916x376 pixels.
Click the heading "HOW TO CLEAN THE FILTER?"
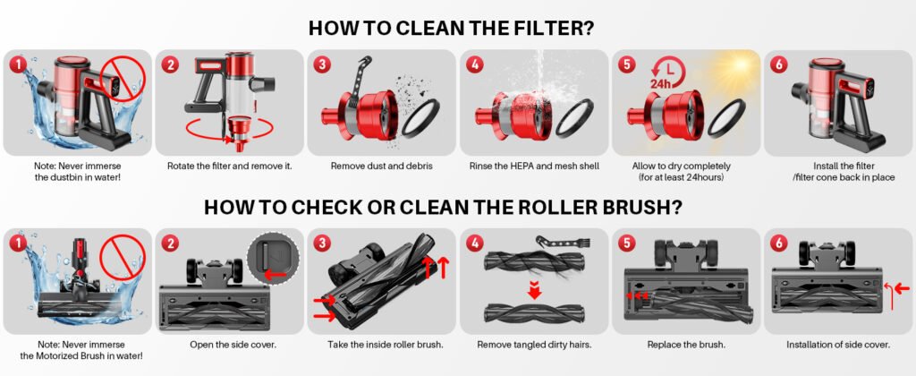[452, 28]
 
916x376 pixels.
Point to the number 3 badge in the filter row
[322, 64]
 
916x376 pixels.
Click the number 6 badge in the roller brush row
[779, 243]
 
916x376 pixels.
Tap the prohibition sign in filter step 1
[123, 81]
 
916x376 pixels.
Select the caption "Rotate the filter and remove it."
[230, 167]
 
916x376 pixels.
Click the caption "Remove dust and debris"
[381, 167]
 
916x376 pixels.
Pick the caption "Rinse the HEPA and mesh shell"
[533, 167]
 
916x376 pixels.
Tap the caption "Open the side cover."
[233, 345]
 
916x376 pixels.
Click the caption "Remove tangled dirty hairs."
[535, 345]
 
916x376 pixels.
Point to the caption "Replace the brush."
[686, 345]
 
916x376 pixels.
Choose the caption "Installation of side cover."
[838, 345]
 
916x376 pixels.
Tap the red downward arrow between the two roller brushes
[533, 289]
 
